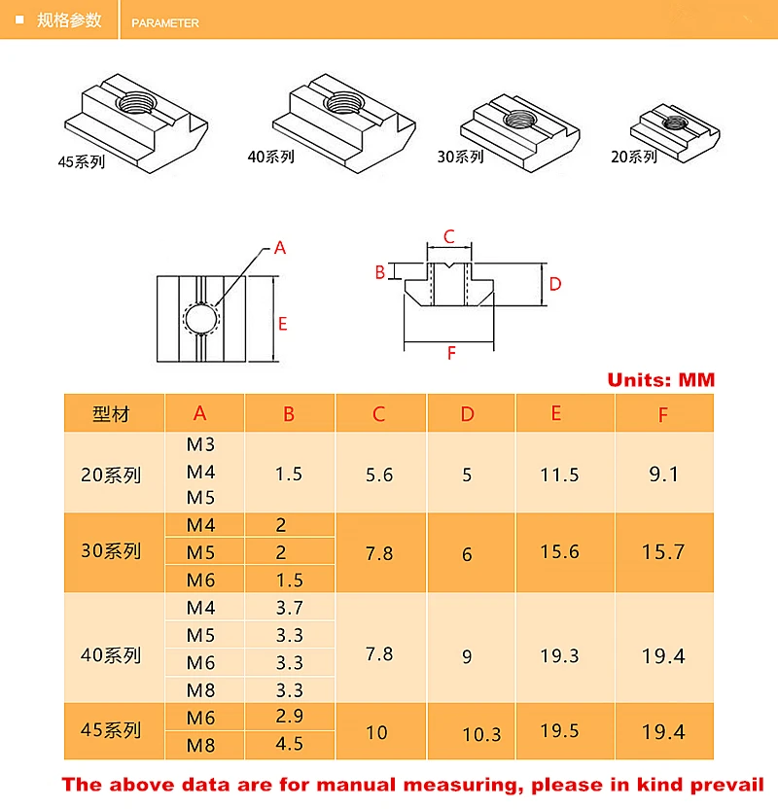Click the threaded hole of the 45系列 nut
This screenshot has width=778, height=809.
click(131, 101)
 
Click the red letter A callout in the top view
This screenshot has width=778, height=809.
click(280, 248)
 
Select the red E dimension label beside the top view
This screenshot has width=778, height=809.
click(283, 324)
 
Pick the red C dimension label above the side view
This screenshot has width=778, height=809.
click(448, 236)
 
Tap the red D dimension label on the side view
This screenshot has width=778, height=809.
click(554, 284)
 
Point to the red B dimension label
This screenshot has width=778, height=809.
click(380, 272)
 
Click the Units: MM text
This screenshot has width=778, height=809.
click(660, 380)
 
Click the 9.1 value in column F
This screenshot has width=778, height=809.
click(663, 475)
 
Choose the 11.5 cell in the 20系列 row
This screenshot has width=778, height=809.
click(559, 475)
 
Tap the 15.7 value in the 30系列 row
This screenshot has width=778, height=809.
click(663, 552)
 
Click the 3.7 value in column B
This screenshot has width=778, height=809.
click(289, 609)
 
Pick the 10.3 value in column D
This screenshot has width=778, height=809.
click(480, 734)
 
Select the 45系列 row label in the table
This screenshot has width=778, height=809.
click(111, 729)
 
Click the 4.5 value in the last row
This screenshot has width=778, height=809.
click(289, 744)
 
